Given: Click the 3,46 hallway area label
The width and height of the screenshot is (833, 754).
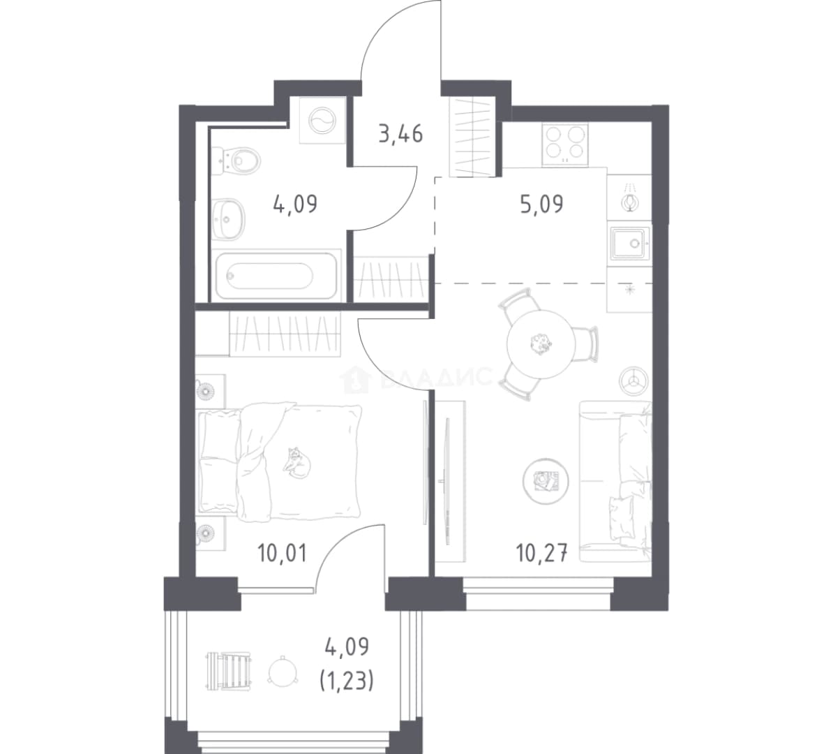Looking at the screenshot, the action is (400, 134).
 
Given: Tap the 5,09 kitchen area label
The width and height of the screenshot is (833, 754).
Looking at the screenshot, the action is (541, 204).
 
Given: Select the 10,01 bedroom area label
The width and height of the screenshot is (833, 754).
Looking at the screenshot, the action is (282, 553).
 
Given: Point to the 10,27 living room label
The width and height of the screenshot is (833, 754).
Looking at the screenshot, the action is (542, 553).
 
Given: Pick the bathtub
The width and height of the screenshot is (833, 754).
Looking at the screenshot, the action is (276, 276).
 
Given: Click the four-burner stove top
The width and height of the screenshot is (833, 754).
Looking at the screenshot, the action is (564, 145).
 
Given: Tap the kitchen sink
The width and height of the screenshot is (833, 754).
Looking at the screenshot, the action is (630, 243).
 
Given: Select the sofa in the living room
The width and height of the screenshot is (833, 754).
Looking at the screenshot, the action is (615, 481).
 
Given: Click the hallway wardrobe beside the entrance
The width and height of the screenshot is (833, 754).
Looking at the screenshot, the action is (472, 138).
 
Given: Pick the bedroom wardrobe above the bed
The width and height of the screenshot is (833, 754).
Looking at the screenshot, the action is (284, 334).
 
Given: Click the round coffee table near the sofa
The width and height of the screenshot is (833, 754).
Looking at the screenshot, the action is (546, 481).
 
